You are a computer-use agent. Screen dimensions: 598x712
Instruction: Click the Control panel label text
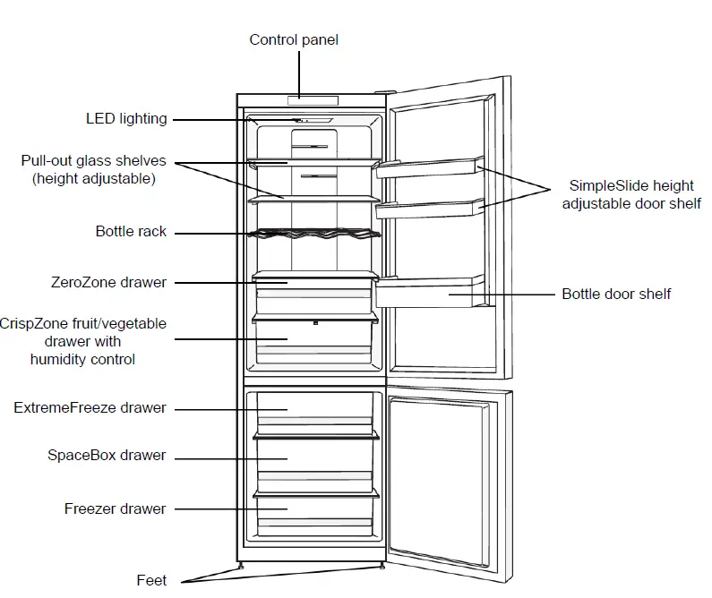(x=294, y=39)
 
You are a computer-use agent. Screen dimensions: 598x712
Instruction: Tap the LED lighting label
(x=126, y=118)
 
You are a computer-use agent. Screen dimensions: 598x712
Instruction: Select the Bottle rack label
(x=131, y=231)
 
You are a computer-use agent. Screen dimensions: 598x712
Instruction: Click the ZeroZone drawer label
(x=108, y=282)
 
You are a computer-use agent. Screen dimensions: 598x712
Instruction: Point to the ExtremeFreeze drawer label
(x=90, y=407)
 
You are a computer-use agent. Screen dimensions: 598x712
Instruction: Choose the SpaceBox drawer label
(x=107, y=455)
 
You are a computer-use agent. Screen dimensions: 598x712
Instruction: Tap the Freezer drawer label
(x=115, y=508)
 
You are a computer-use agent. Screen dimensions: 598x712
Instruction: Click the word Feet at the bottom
(x=151, y=580)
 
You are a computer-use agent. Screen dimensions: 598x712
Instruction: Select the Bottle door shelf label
(x=616, y=294)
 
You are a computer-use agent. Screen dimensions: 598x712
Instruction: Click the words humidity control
(x=82, y=359)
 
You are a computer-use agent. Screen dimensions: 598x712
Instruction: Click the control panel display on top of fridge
(x=312, y=98)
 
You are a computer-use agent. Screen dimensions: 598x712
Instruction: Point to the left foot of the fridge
(x=241, y=566)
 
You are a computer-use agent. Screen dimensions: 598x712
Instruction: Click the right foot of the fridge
(x=383, y=566)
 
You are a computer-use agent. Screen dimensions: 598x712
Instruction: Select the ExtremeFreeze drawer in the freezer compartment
(x=313, y=413)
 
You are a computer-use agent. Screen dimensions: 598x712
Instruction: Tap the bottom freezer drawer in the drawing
(x=313, y=512)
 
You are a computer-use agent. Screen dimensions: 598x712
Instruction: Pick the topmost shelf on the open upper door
(x=430, y=167)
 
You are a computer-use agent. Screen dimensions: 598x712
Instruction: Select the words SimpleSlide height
(x=631, y=186)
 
